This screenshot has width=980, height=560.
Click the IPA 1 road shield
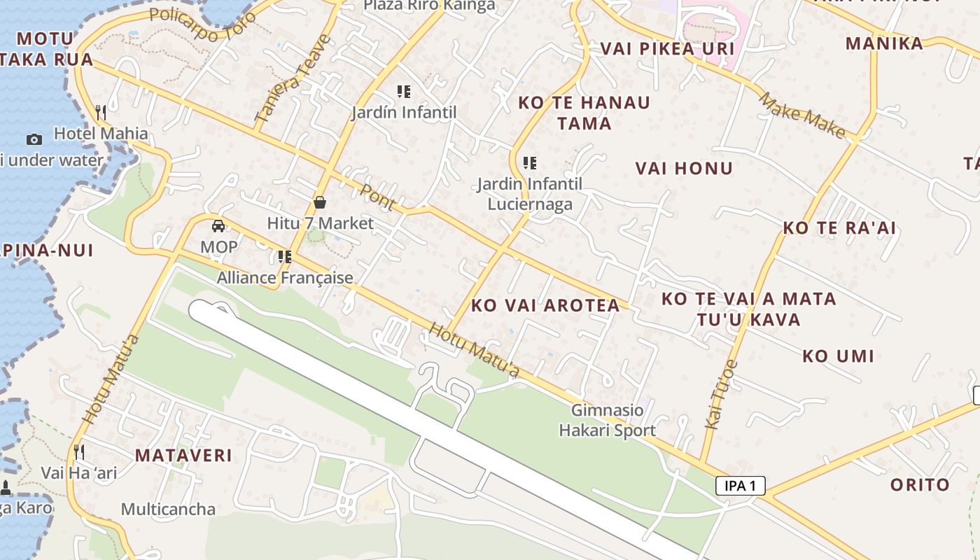tap(741, 486)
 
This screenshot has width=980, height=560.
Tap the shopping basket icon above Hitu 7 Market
tap(320, 203)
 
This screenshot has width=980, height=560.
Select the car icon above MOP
tap(218, 226)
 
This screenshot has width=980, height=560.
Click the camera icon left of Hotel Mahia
tap(34, 139)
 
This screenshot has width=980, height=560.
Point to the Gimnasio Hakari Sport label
tap(607, 420)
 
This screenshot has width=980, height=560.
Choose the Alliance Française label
tap(285, 278)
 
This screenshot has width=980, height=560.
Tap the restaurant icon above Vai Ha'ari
tap(79, 451)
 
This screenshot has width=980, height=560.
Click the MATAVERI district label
tap(183, 455)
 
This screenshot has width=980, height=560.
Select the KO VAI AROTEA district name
tap(545, 305)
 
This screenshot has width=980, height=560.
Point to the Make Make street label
tap(802, 115)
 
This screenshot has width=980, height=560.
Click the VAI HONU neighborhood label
tap(684, 168)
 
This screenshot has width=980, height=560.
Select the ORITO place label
tap(920, 484)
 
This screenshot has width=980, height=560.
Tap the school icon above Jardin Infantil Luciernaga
tap(530, 163)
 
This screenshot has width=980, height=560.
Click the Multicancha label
tap(168, 509)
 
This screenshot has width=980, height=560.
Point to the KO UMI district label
tap(838, 356)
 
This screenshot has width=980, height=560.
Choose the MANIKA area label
tap(884, 43)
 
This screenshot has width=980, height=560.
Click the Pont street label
tap(379, 197)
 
